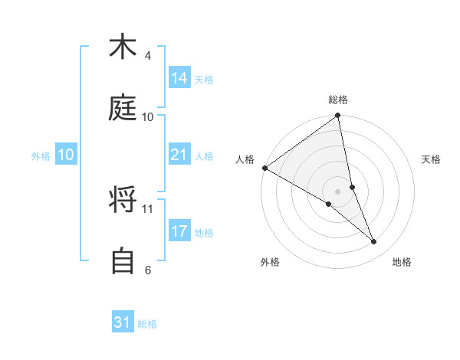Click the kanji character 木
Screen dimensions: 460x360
tap(123, 47)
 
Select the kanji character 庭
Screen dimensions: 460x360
tap(123, 108)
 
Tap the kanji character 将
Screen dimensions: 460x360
tap(123, 200)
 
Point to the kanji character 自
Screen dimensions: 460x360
tap(123, 261)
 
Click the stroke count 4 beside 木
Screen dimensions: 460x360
tap(147, 56)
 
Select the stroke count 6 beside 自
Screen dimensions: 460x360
tap(147, 270)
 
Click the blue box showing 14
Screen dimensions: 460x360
tap(179, 78)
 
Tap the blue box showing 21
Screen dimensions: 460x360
tap(179, 155)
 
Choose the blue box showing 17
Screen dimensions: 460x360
tap(179, 231)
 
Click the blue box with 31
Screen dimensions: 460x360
tap(123, 322)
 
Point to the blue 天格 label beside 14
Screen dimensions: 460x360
tap(204, 80)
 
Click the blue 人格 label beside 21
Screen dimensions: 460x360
tap(204, 156)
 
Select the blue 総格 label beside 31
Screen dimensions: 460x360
tap(147, 324)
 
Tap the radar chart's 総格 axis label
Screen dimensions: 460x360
tap(338, 100)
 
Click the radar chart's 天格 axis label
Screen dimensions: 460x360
tap(432, 159)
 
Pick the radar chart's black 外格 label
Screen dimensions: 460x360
tap(270, 262)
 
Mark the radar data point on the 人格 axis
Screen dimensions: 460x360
tap(264, 168)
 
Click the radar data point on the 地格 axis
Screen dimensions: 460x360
tap(374, 241)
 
